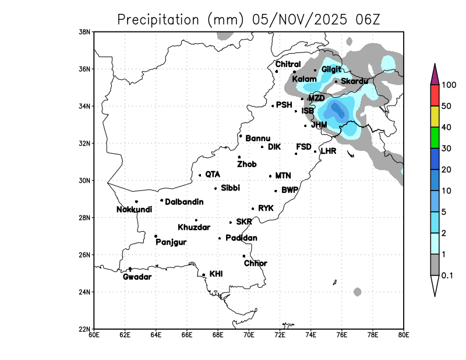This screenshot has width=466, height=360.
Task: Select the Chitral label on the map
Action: (288, 64)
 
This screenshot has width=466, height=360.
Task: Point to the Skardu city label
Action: (354, 81)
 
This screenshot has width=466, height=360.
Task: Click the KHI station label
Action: (216, 273)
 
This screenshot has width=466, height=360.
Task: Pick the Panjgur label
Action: (171, 242)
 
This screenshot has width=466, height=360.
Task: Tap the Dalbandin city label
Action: (184, 202)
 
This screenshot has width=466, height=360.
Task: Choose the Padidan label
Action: (241, 238)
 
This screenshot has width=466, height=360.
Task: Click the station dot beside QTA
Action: (200, 175)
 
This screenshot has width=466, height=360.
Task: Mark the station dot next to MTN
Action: (270, 176)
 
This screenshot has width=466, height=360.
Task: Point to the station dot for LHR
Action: (315, 151)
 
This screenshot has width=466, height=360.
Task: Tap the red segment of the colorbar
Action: (435, 95)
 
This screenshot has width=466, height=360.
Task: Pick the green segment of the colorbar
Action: (435, 142)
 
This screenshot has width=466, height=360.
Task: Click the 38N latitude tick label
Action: (85, 31)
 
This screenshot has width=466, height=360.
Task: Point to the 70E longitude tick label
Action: (249, 334)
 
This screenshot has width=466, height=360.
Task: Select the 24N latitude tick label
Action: (85, 292)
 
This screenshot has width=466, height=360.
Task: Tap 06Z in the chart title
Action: (368, 19)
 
